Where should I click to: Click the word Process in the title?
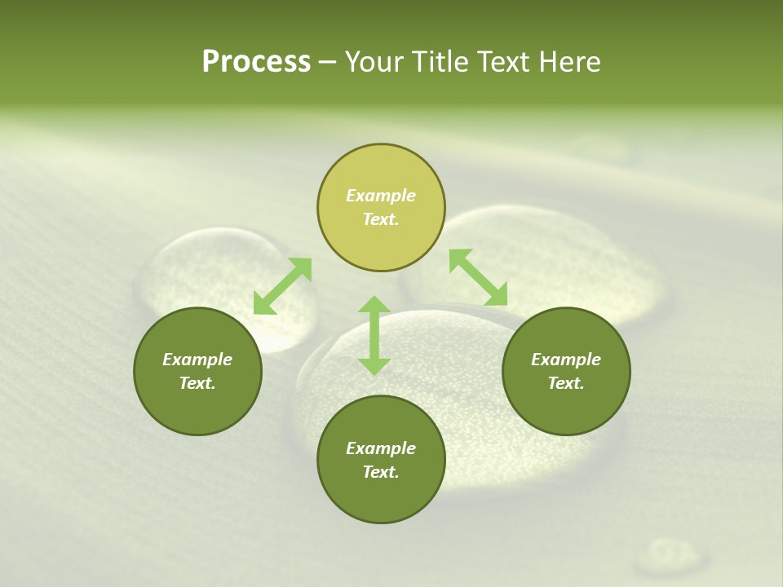click(256, 62)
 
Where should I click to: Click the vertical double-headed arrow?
click(374, 336)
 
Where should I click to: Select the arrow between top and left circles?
click(282, 286)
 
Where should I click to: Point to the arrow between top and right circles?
click(478, 277)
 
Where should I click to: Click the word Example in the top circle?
click(381, 196)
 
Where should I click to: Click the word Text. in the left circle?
click(197, 383)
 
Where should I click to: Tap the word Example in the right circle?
click(566, 360)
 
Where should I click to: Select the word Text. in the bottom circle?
click(381, 472)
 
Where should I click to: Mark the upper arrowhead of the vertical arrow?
click(374, 306)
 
